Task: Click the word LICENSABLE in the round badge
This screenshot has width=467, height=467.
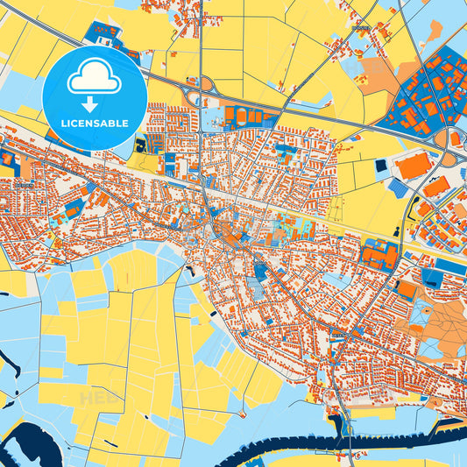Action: click(94, 124)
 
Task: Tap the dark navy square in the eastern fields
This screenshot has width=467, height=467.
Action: click(380, 165)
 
